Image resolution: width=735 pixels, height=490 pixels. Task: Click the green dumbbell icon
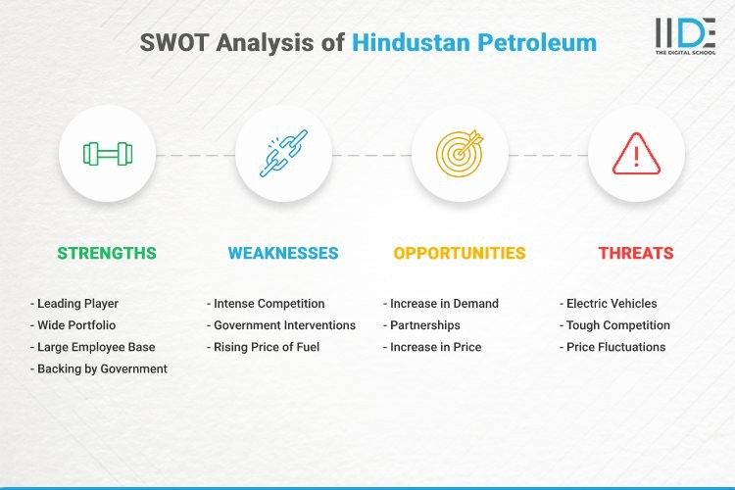click(107, 154)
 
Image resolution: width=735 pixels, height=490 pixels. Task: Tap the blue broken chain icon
click(283, 154)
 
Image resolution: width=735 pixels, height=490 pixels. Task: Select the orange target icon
click(460, 154)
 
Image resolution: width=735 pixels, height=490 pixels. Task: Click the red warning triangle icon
click(636, 154)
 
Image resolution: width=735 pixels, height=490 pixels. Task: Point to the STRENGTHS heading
click(107, 253)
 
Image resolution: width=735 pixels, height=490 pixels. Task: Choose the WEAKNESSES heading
click(283, 253)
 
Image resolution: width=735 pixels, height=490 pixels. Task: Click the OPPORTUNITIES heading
click(460, 253)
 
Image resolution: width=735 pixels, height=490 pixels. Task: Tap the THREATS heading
click(636, 253)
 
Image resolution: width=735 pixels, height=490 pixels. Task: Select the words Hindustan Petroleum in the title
click(473, 43)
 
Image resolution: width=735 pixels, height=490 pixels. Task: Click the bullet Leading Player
click(77, 304)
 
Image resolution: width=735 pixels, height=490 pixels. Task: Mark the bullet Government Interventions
click(281, 325)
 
